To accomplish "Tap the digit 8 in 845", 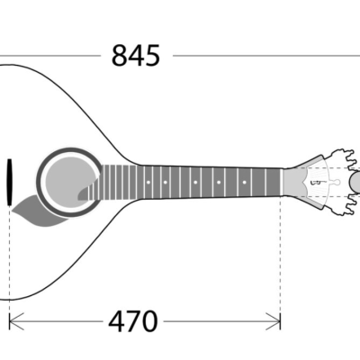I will (x=120, y=56).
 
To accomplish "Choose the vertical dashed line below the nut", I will (x=281, y=261).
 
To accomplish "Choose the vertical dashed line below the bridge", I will (x=9, y=261).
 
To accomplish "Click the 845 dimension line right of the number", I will (x=261, y=56).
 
